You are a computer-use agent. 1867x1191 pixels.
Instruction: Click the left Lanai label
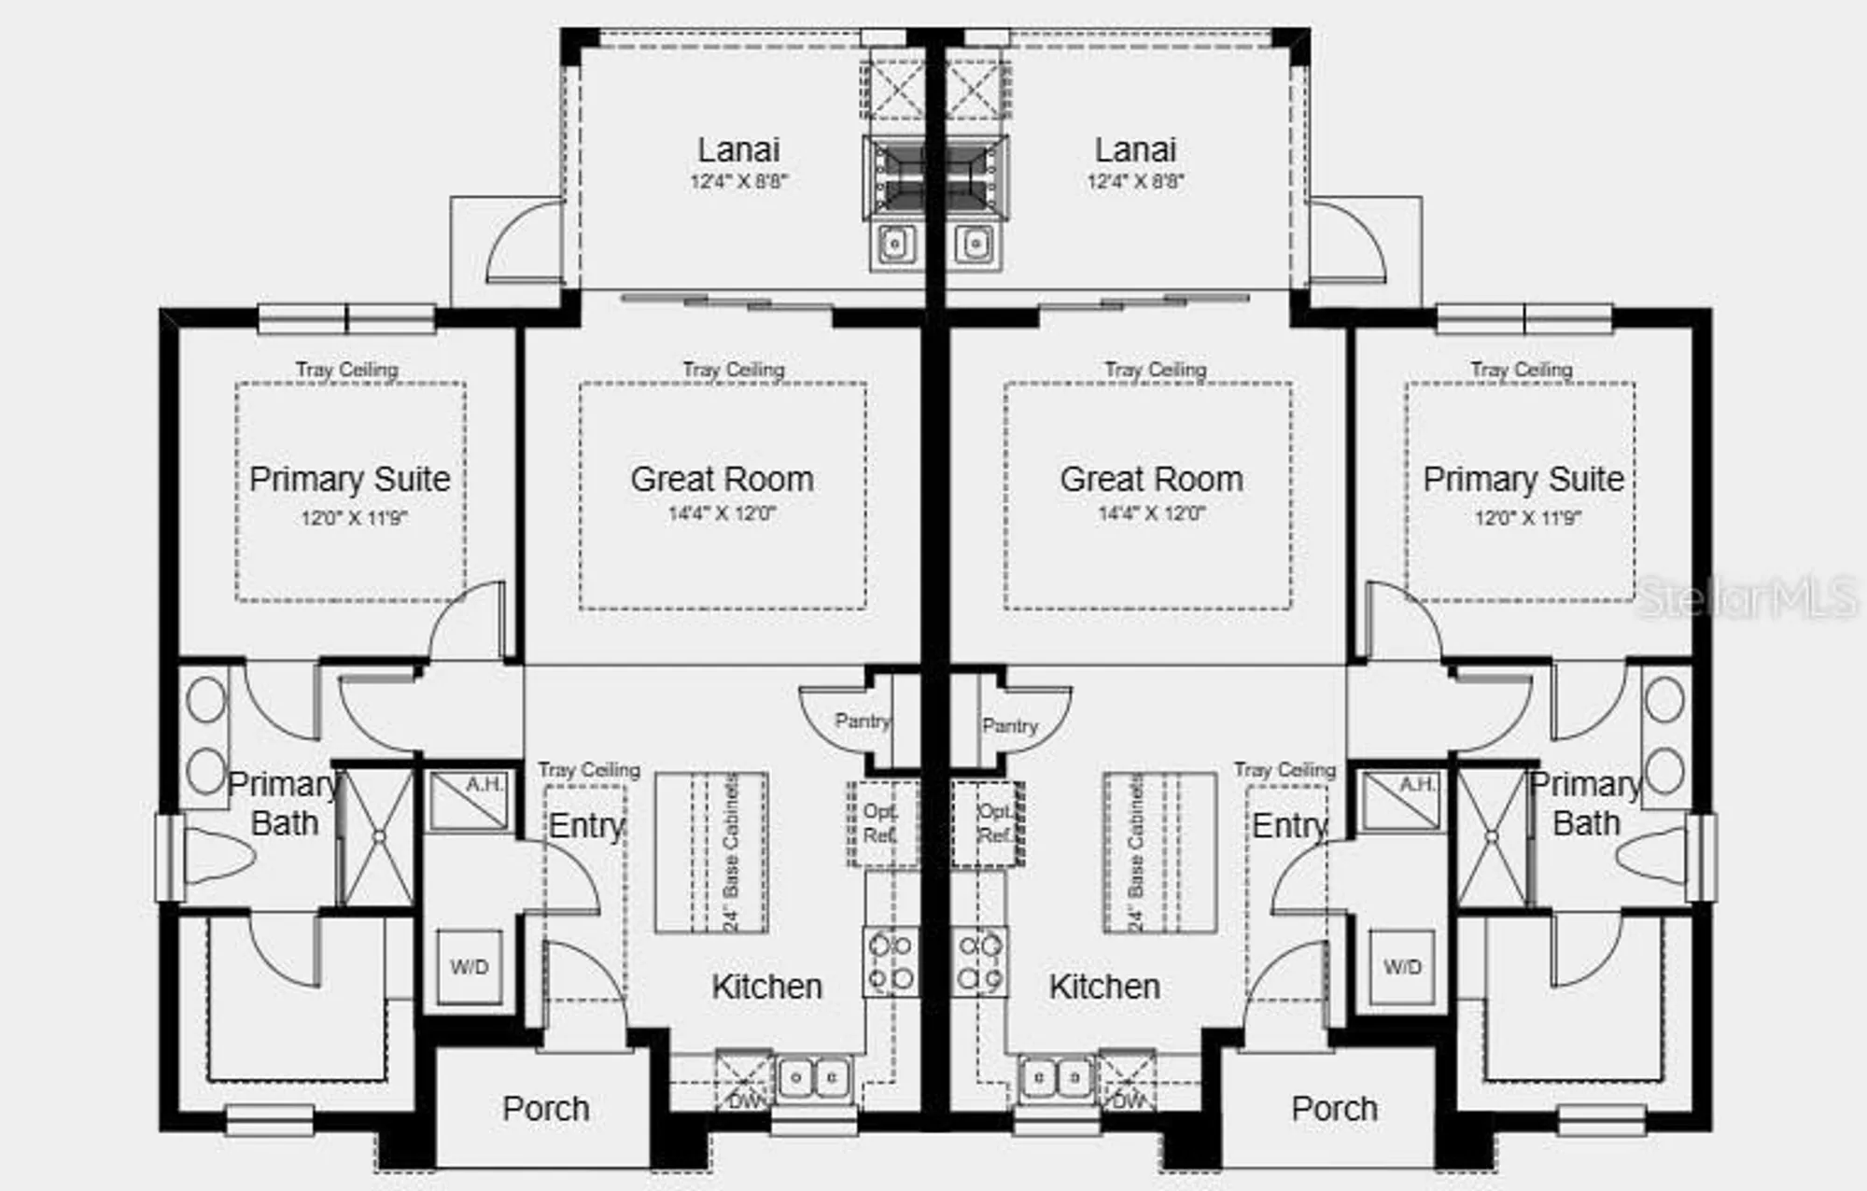tap(738, 150)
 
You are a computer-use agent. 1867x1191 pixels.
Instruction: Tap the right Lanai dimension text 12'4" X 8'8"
tap(1135, 181)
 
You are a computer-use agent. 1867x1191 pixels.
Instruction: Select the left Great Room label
tap(722, 480)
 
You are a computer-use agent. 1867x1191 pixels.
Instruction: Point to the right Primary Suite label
tap(1523, 480)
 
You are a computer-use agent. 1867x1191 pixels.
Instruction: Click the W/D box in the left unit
tap(469, 967)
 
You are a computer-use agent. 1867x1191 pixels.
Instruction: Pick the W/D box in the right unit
tap(1402, 967)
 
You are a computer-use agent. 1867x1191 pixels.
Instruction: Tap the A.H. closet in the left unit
tap(470, 800)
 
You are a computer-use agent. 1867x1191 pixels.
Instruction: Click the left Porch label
tap(546, 1109)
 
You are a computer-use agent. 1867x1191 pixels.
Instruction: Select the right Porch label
tap(1334, 1109)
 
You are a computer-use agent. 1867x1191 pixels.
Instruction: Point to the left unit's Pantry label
tap(862, 721)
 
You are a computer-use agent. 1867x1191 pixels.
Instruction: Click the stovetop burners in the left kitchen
tap(891, 961)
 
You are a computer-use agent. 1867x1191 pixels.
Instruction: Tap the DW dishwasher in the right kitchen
tap(1128, 1083)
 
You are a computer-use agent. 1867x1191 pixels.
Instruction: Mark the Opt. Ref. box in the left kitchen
tap(881, 824)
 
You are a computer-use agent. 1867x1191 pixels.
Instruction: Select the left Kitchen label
tap(766, 987)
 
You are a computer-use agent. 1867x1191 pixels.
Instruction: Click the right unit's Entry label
tap(1289, 826)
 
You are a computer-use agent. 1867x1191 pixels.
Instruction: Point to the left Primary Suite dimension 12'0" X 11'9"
tap(354, 518)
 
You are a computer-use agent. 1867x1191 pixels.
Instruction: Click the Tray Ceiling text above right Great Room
tap(1155, 370)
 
